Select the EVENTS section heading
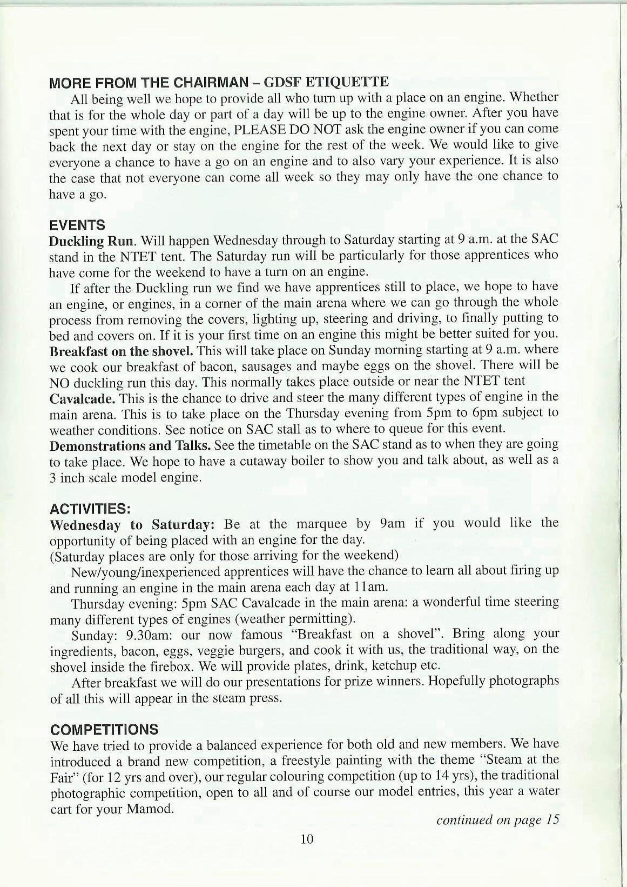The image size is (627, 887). coord(77,225)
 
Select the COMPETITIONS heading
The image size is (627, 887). coord(104,729)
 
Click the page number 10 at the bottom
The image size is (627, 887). coord(306,839)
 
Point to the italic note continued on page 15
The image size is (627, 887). coord(497,819)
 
